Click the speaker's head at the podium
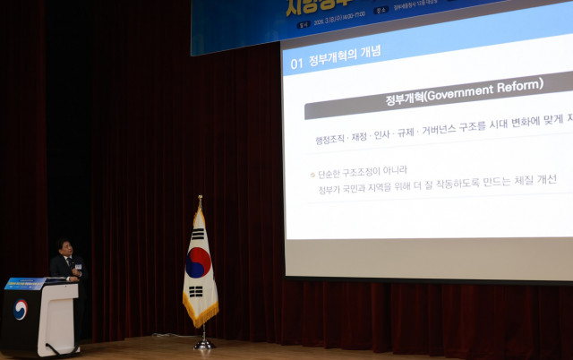click(64, 247)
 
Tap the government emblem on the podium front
click(20, 310)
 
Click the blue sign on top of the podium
click(24, 284)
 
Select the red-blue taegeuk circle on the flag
click(198, 261)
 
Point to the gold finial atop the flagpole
click(200, 199)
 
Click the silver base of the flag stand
click(205, 344)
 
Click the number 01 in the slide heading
click(296, 64)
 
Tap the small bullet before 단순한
click(312, 175)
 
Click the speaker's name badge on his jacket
click(78, 266)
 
